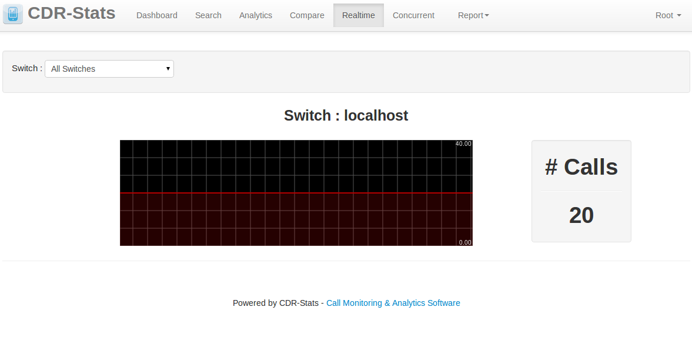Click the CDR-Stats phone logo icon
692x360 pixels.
pos(13,14)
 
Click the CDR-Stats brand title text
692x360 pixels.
pos(72,14)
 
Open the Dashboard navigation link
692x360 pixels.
pos(156,15)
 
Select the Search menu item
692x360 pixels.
pos(208,15)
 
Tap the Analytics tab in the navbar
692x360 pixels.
pos(256,15)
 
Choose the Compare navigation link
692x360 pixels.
pos(307,15)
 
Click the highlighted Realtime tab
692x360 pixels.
pos(359,15)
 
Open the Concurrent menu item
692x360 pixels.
pos(413,15)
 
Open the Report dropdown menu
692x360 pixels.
pos(473,15)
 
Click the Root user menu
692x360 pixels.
pos(668,15)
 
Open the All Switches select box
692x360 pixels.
pos(109,69)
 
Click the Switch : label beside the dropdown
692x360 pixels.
pos(27,68)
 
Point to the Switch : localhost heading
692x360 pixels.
pos(346,115)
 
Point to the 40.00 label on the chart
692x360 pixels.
pos(463,144)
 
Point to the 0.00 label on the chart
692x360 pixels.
pos(465,242)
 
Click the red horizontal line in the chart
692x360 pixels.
pos(296,193)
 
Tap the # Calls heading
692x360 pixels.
pos(581,167)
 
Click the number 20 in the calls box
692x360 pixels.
pos(581,215)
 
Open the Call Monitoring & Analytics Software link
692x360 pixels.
pos(393,303)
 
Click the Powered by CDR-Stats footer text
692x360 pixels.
pos(276,303)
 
